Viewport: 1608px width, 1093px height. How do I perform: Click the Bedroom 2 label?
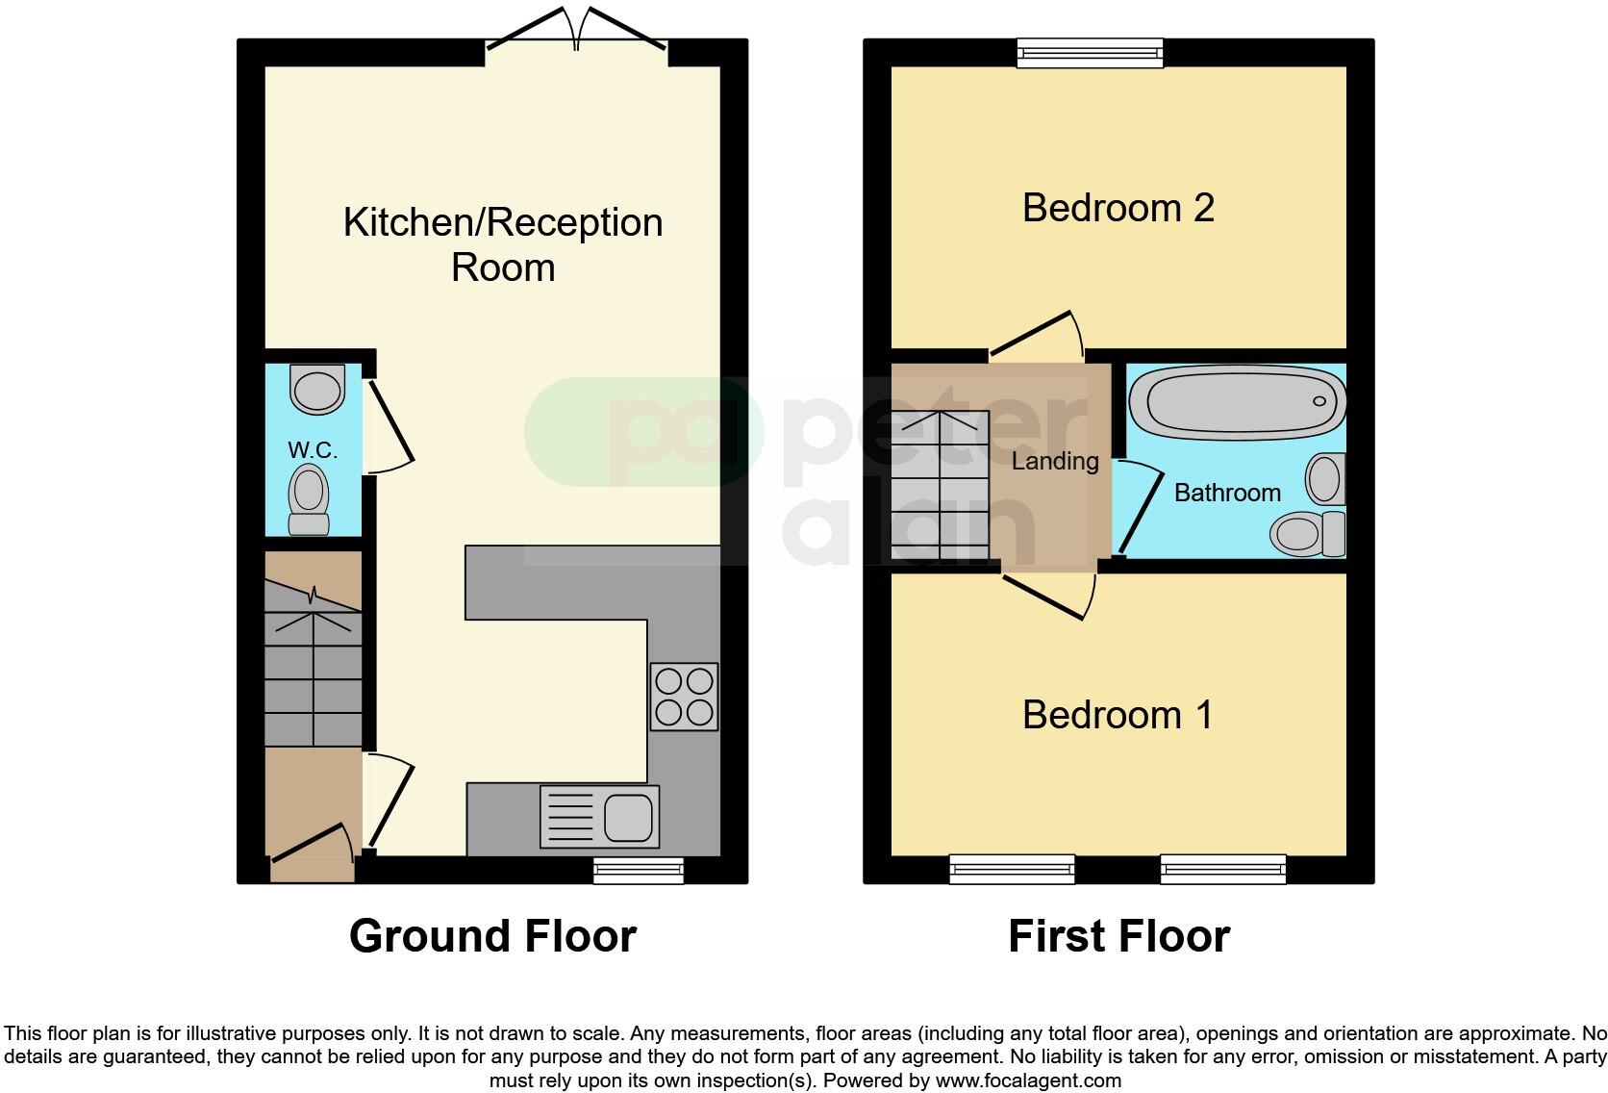pos(1118,208)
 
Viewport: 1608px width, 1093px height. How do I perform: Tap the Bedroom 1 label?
pos(1118,715)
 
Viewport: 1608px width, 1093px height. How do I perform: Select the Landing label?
pos(1055,462)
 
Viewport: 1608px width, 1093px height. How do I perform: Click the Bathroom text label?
pos(1227,493)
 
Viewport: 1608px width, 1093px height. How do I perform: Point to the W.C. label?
pos(313,450)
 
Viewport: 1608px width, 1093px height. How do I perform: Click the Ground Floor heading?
pos(492,936)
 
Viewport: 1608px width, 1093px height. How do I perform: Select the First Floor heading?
pos(1118,936)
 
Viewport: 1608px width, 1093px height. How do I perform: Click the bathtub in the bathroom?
pos(1237,401)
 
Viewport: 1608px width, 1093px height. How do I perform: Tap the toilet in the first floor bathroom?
pos(1308,533)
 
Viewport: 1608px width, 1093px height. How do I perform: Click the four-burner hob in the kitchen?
pos(684,697)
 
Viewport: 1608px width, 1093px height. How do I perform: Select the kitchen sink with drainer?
pos(600,816)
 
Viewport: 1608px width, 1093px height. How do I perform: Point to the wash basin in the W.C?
pos(318,389)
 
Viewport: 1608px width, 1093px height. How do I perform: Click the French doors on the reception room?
pos(576,35)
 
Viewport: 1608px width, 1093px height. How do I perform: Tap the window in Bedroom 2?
pos(1090,52)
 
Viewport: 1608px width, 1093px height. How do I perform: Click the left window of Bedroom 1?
pos(1012,869)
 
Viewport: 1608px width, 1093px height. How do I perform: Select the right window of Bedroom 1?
pos(1222,869)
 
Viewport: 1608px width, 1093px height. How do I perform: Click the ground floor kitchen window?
pos(638,870)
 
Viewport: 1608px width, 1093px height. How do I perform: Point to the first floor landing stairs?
pos(940,486)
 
